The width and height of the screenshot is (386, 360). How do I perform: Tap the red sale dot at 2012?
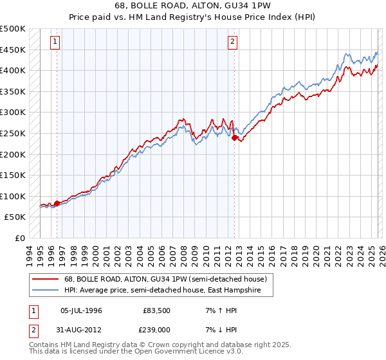click(234, 137)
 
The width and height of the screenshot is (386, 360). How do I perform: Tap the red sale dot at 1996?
click(57, 203)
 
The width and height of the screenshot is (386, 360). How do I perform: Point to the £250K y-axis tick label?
click(13, 133)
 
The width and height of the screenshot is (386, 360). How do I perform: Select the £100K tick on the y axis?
click(13, 196)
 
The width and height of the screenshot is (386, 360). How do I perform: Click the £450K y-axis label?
click(13, 50)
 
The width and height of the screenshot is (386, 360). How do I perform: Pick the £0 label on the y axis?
click(20, 238)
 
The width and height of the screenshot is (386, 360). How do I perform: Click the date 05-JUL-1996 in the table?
click(80, 310)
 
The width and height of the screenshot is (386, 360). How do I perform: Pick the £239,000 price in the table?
click(156, 330)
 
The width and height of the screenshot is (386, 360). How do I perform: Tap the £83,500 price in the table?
click(156, 310)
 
